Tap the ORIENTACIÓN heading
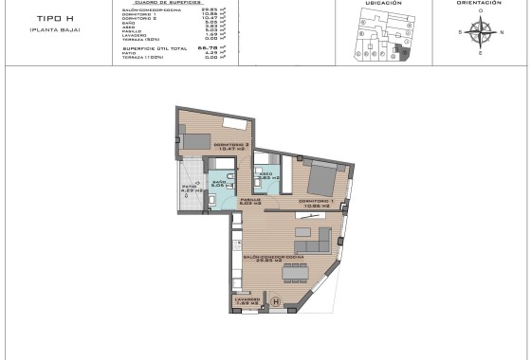478,4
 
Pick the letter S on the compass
459,31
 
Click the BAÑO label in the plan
219,182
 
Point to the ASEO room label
266,173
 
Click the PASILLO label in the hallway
250,200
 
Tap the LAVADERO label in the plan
247,301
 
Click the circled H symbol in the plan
276,302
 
